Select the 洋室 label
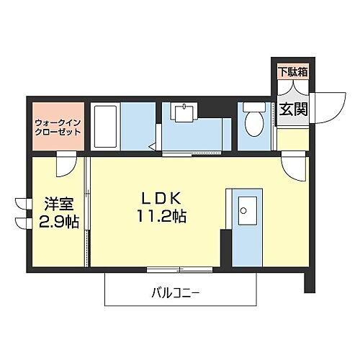tap(48, 204)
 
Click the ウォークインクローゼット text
tap(57, 127)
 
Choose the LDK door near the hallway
tap(295, 168)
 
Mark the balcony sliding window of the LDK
tap(176, 269)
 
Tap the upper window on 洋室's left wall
tap(19, 203)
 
